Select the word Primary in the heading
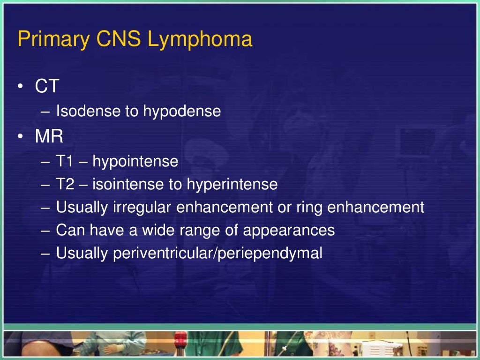[53, 40]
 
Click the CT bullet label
[47, 87]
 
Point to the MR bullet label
[49, 137]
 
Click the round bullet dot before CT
[21, 87]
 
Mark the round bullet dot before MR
[21, 137]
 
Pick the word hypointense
[135, 162]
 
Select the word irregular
[142, 208]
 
